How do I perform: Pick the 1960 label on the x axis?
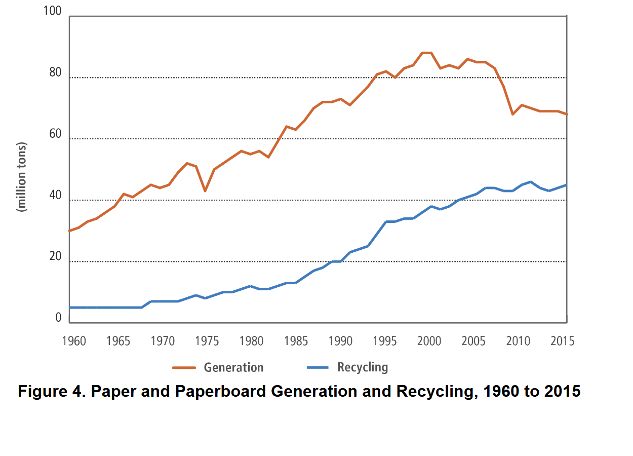coord(74,340)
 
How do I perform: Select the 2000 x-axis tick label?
coord(429,340)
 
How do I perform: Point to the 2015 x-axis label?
coord(563,340)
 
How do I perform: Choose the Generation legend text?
coord(233,367)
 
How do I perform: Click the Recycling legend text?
coord(363,367)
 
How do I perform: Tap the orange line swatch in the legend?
coord(184,367)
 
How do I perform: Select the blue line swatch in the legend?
coord(317,367)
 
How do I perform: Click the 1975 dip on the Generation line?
coord(205,191)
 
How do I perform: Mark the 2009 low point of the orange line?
coord(512,115)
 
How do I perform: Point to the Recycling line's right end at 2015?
coord(567,185)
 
